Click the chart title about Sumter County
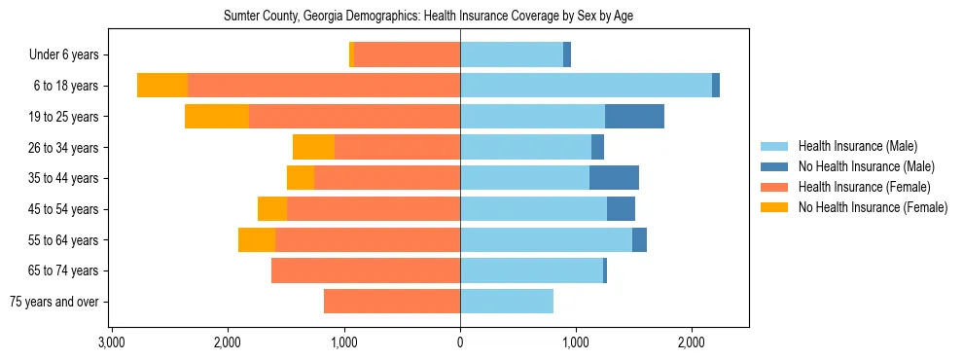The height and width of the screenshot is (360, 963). pyautogui.click(x=429, y=17)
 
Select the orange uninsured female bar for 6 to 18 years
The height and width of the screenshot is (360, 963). pyautogui.click(x=162, y=86)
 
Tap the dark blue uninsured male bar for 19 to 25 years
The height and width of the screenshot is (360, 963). pyautogui.click(x=634, y=117)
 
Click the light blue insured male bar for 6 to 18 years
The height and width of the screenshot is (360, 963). pyautogui.click(x=586, y=86)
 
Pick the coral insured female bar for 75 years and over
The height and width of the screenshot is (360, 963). pyautogui.click(x=392, y=302)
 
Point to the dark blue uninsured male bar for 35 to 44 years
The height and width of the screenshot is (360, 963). pyautogui.click(x=614, y=178)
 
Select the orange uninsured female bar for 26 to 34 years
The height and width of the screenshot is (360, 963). pyautogui.click(x=313, y=147)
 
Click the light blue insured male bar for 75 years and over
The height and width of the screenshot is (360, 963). pyautogui.click(x=507, y=302)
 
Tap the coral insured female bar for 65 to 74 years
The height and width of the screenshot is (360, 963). pyautogui.click(x=366, y=270)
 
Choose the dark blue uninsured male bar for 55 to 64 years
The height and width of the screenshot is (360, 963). pyautogui.click(x=639, y=239)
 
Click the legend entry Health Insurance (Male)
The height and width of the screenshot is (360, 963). pyautogui.click(x=857, y=146)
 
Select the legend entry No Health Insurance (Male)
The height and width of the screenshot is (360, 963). pyautogui.click(x=866, y=166)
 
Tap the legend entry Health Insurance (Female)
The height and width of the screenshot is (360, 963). pyautogui.click(x=864, y=187)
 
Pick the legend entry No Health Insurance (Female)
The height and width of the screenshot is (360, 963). pyautogui.click(x=873, y=207)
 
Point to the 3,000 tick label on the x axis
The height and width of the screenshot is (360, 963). pyautogui.click(x=112, y=343)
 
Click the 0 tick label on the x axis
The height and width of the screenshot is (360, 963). pyautogui.click(x=460, y=343)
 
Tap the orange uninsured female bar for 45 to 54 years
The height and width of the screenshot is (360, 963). pyautogui.click(x=272, y=209)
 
